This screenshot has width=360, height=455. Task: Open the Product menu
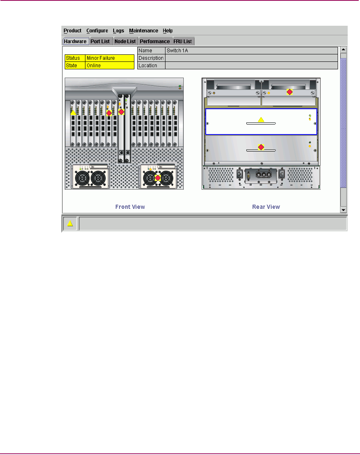tap(72, 31)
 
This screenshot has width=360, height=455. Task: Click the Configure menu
tap(97, 31)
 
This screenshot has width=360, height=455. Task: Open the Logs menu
tap(118, 31)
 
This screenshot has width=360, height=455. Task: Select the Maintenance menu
tap(144, 31)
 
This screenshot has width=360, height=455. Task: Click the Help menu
tap(168, 31)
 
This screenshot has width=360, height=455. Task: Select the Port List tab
tap(100, 42)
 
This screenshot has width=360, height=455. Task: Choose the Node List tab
tap(125, 42)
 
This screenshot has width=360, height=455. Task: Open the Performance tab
tap(155, 42)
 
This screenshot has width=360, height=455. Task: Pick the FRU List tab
tap(183, 42)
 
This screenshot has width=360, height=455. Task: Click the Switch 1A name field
tap(251, 51)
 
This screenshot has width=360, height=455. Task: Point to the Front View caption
tap(130, 207)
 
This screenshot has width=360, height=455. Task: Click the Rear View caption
tap(266, 207)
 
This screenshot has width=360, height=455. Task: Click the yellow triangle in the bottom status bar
tap(70, 224)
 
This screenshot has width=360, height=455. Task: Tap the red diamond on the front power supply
tap(158, 178)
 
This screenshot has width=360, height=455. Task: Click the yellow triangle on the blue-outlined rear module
tap(261, 120)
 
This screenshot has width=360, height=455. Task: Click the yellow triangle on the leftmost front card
tap(73, 112)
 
